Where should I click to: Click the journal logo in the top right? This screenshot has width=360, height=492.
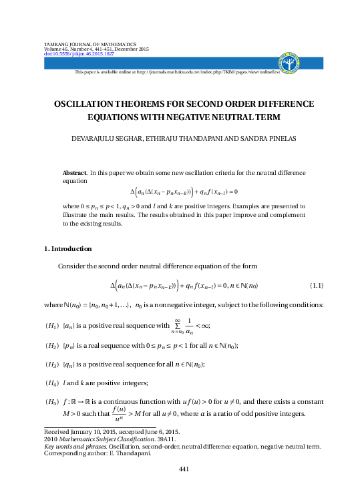292,61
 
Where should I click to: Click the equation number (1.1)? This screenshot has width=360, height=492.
317,286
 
